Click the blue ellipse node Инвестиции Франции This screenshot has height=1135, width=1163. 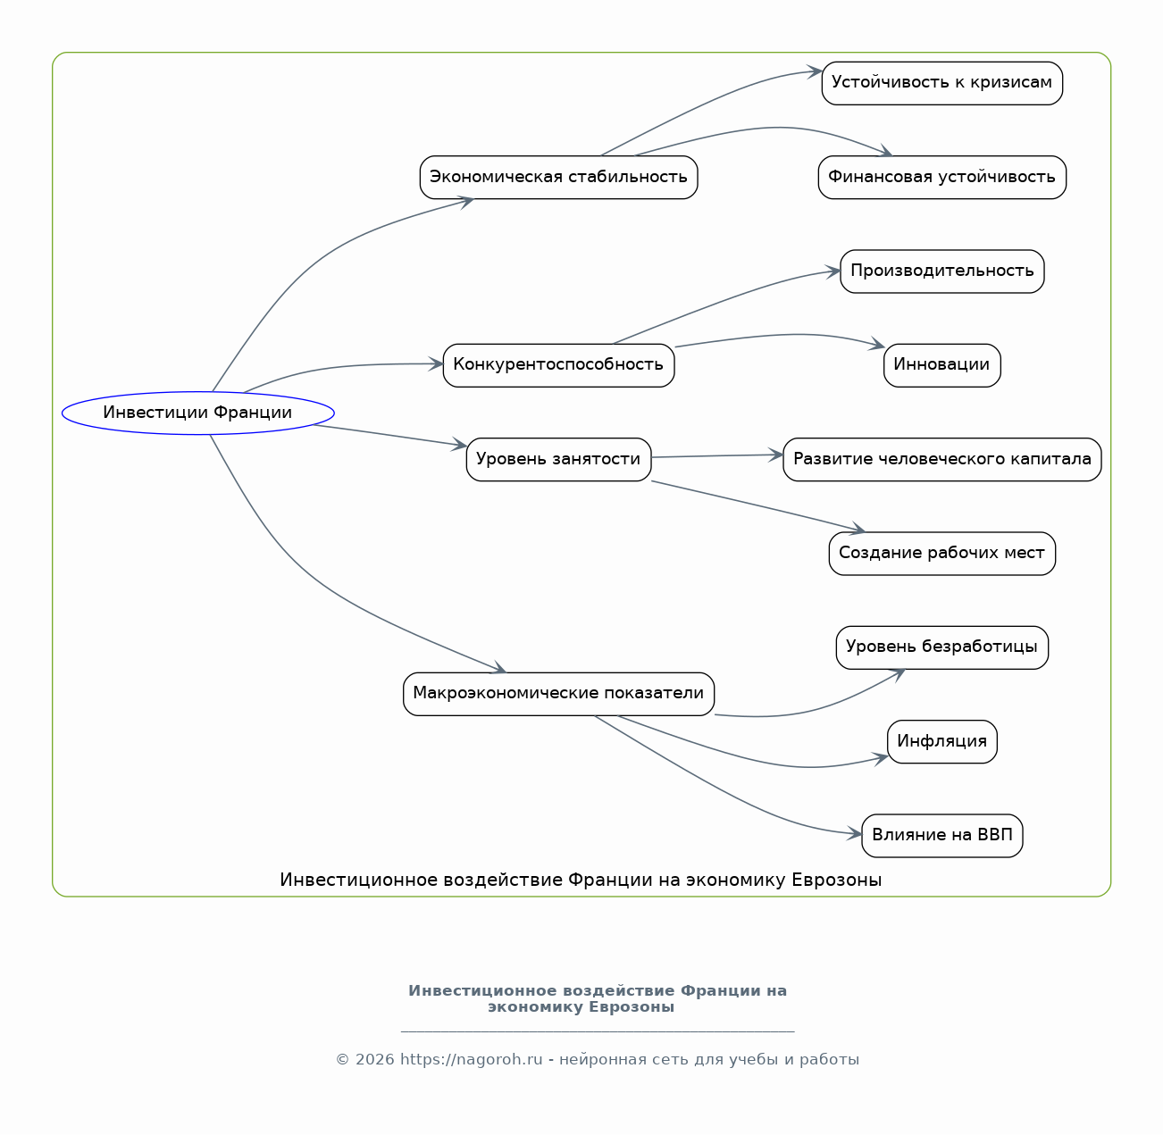point(197,413)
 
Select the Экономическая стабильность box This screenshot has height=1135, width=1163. point(559,178)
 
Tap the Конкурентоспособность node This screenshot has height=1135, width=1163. point(559,365)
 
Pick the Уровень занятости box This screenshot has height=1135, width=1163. point(559,459)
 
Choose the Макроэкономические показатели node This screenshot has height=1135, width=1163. point(559,694)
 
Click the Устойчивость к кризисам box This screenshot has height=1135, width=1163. point(941,83)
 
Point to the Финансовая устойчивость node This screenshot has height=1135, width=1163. point(941,178)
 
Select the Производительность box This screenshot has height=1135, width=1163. point(941,271)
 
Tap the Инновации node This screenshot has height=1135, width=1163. point(941,365)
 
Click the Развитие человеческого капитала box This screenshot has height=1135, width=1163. point(941,459)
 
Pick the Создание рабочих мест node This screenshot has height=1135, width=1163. point(941,553)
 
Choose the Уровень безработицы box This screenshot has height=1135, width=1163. point(941,647)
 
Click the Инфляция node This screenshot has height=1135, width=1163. point(941,741)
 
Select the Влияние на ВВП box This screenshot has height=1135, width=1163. point(941,836)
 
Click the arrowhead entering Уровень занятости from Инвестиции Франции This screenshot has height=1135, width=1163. point(460,444)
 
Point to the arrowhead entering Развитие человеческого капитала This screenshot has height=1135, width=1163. point(775,455)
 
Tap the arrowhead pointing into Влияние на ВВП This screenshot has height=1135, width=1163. point(855,834)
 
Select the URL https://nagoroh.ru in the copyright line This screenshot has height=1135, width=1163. point(471,1059)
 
